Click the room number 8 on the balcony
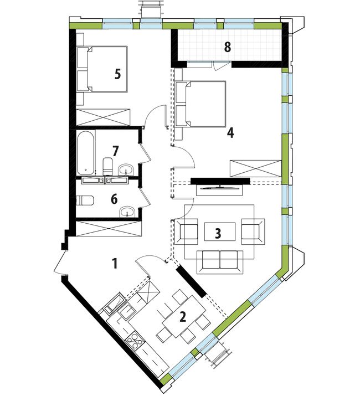click(228, 47)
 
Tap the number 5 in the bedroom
click(117, 74)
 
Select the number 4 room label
click(230, 132)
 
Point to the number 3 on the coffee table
click(218, 234)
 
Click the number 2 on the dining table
click(182, 317)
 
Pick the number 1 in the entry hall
click(115, 264)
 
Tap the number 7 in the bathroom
click(115, 151)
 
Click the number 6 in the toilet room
click(114, 199)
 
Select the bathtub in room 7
click(86, 152)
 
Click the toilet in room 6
click(85, 201)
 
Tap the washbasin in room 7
click(126, 169)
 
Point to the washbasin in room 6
click(128, 212)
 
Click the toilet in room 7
click(107, 166)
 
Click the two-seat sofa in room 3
click(220, 262)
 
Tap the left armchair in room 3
click(186, 232)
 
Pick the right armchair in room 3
click(253, 232)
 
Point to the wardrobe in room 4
click(255, 168)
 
